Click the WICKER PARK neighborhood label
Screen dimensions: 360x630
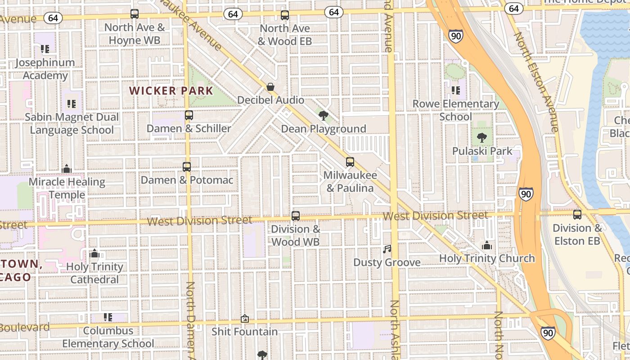pos(171,91)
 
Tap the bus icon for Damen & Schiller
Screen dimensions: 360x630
pos(189,115)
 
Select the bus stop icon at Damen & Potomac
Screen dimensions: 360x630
pos(187,167)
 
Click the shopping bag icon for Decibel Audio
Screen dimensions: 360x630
pos(270,87)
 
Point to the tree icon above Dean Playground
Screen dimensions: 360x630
pos(323,116)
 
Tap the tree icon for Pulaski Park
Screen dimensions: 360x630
pos(482,138)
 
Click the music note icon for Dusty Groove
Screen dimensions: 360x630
pos(387,249)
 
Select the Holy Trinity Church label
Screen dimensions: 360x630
pos(487,258)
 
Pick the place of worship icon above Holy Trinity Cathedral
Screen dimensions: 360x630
pos(94,254)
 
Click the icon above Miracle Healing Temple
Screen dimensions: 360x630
pos(67,169)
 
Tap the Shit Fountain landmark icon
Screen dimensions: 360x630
pos(245,319)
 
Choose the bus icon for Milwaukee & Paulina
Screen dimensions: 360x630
pos(350,162)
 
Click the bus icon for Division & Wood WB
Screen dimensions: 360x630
pos(296,216)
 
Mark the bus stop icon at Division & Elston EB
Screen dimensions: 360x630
pos(577,215)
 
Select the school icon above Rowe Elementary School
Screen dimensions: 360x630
pos(456,91)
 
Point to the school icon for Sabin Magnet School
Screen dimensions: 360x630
pos(72,104)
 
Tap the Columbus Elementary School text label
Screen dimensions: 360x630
pos(108,337)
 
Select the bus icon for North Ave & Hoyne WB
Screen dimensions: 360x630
pos(135,14)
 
